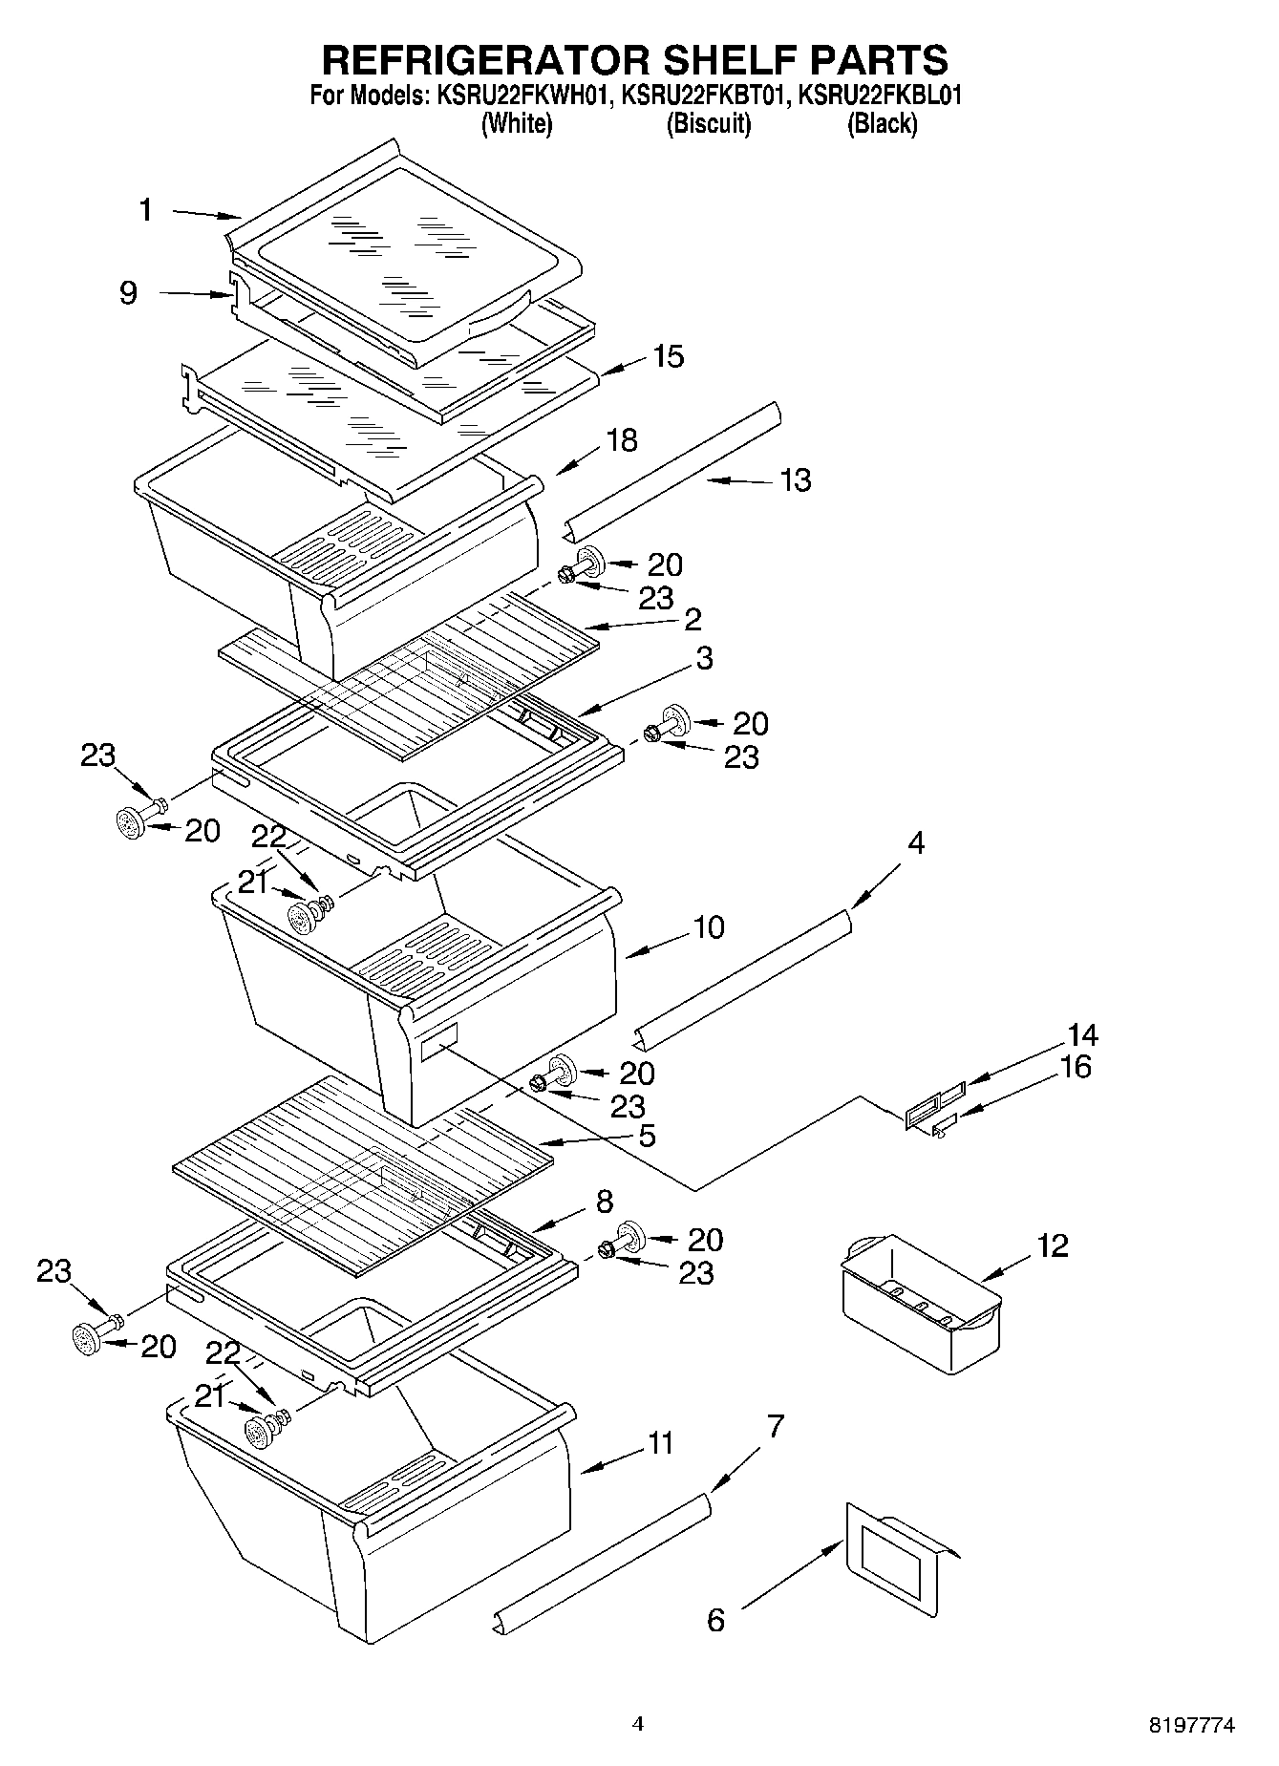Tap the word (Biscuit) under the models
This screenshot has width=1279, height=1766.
708,124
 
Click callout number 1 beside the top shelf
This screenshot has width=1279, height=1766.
145,210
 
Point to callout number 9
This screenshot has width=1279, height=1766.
128,292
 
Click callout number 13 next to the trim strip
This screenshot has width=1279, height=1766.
795,479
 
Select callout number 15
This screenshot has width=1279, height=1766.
668,356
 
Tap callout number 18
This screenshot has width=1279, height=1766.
621,440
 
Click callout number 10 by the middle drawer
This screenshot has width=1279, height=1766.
709,927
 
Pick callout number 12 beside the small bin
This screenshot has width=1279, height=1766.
1053,1245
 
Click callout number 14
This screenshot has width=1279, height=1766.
1081,1035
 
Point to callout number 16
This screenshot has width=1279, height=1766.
1076,1067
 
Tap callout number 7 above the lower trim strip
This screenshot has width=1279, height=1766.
775,1427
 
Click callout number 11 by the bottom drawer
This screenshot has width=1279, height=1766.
659,1443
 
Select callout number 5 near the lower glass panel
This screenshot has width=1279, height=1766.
647,1136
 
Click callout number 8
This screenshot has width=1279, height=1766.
604,1202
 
